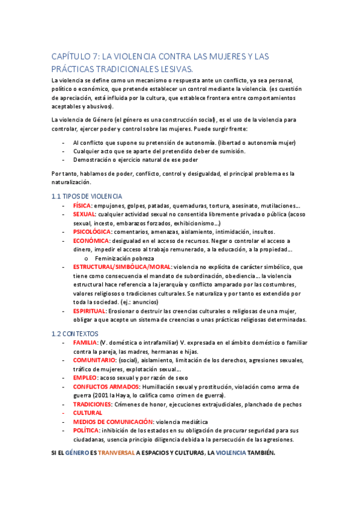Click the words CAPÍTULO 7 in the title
coord(75,57)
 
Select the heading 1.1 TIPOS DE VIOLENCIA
coord(87,196)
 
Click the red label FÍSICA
coord(85,205)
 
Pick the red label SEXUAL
coord(84,214)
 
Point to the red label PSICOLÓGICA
coord(91,232)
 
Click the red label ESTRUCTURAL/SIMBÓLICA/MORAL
coord(122,267)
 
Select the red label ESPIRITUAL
coord(89,311)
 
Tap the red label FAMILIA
coord(86,342)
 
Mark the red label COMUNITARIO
coord(94,360)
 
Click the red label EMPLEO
coord(85,378)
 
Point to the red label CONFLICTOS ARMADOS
coord(106,386)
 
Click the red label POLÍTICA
coord(87,431)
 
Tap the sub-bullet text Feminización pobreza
coord(125,258)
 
